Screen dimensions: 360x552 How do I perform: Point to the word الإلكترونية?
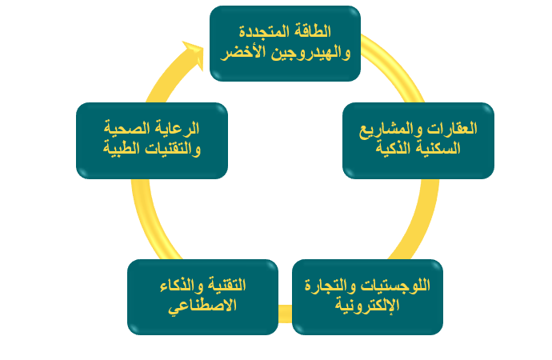(x=367, y=305)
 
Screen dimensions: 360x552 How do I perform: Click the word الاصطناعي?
(x=202, y=305)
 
